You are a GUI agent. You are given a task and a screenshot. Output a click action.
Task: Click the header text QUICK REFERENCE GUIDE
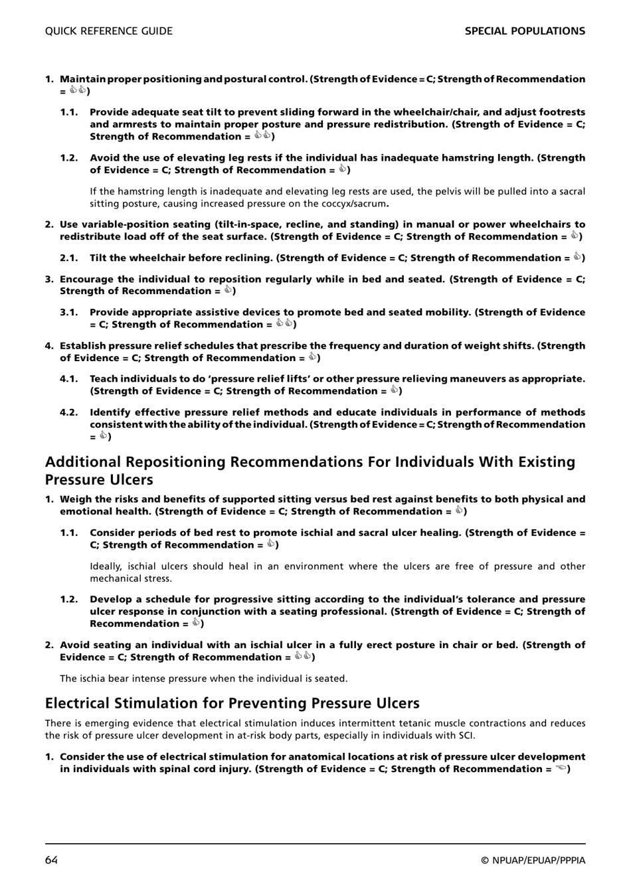pos(108,31)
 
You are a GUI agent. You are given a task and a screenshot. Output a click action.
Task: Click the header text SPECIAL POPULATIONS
pos(525,31)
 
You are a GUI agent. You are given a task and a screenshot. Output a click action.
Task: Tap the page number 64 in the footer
pos(52,860)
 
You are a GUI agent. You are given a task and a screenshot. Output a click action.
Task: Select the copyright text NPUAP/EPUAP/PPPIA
pos(538,861)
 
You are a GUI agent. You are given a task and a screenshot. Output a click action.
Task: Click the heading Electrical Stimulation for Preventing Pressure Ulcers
pos(232,703)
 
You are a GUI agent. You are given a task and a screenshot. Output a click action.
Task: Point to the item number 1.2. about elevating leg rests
pos(69,158)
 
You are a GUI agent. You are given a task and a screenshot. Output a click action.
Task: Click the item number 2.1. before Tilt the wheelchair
pos(69,258)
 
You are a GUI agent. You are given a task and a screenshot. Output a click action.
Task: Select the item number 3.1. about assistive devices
pos(69,313)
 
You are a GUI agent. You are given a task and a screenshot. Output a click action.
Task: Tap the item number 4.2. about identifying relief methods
pos(69,412)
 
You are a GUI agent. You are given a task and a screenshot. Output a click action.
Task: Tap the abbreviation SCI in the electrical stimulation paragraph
pos(464,736)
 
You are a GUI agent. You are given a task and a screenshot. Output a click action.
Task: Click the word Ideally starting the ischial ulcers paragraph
pos(106,566)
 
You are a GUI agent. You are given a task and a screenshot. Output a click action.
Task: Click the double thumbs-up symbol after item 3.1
pos(284,324)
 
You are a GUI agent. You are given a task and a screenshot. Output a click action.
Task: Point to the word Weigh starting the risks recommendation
pos(74,499)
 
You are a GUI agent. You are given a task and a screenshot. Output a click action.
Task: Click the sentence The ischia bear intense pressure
pos(203,679)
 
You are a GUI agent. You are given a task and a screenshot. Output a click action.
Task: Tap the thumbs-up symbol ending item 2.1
pos(577,258)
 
